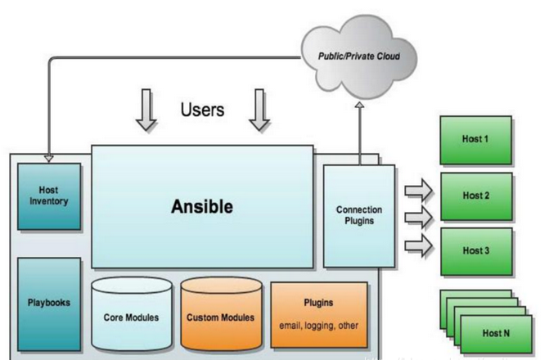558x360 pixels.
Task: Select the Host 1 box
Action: [x=475, y=140]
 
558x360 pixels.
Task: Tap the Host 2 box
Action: [x=476, y=196]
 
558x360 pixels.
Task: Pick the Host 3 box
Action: [x=476, y=251]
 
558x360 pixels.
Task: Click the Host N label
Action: [x=496, y=332]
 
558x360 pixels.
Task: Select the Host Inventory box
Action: [x=49, y=196]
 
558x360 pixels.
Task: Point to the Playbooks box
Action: [x=49, y=303]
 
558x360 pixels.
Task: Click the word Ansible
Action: [x=201, y=207]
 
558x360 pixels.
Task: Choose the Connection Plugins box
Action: [x=358, y=215]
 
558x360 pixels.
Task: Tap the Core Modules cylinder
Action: [x=131, y=315]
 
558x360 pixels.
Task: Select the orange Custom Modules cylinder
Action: [x=220, y=315]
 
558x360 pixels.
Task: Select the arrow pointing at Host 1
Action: [x=418, y=191]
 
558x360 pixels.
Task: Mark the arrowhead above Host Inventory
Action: [x=48, y=158]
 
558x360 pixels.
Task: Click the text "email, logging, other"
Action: [x=318, y=325]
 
